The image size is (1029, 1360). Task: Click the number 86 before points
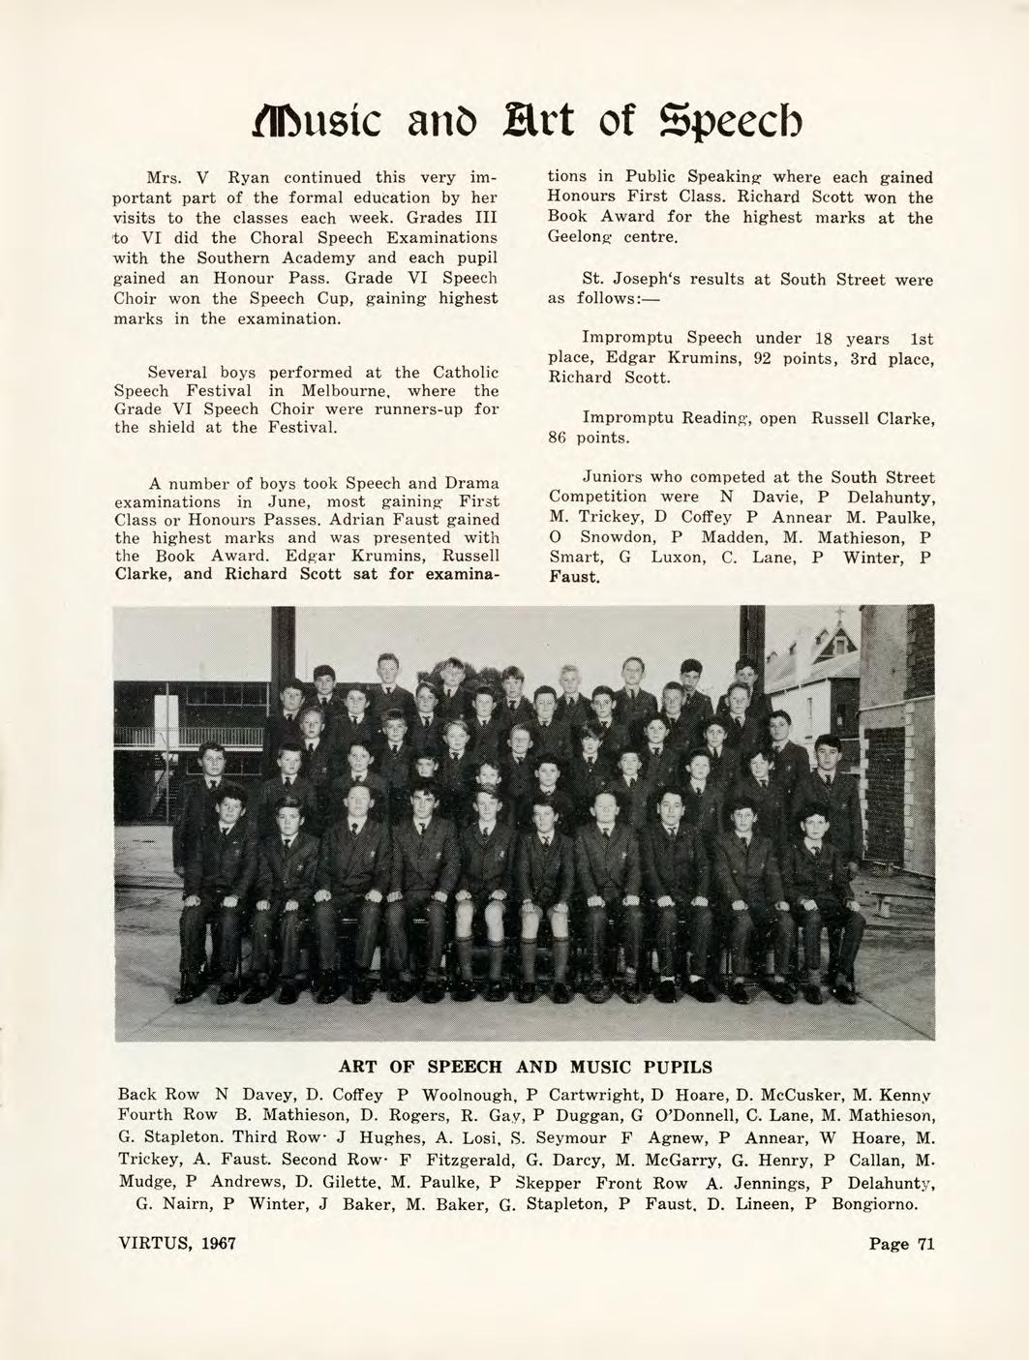click(x=559, y=438)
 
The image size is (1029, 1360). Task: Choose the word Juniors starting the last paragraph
click(x=613, y=477)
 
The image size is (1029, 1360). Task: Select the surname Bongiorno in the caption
click(x=878, y=1204)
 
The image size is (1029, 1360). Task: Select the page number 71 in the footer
click(x=925, y=1245)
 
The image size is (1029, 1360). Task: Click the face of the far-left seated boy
click(x=228, y=807)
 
